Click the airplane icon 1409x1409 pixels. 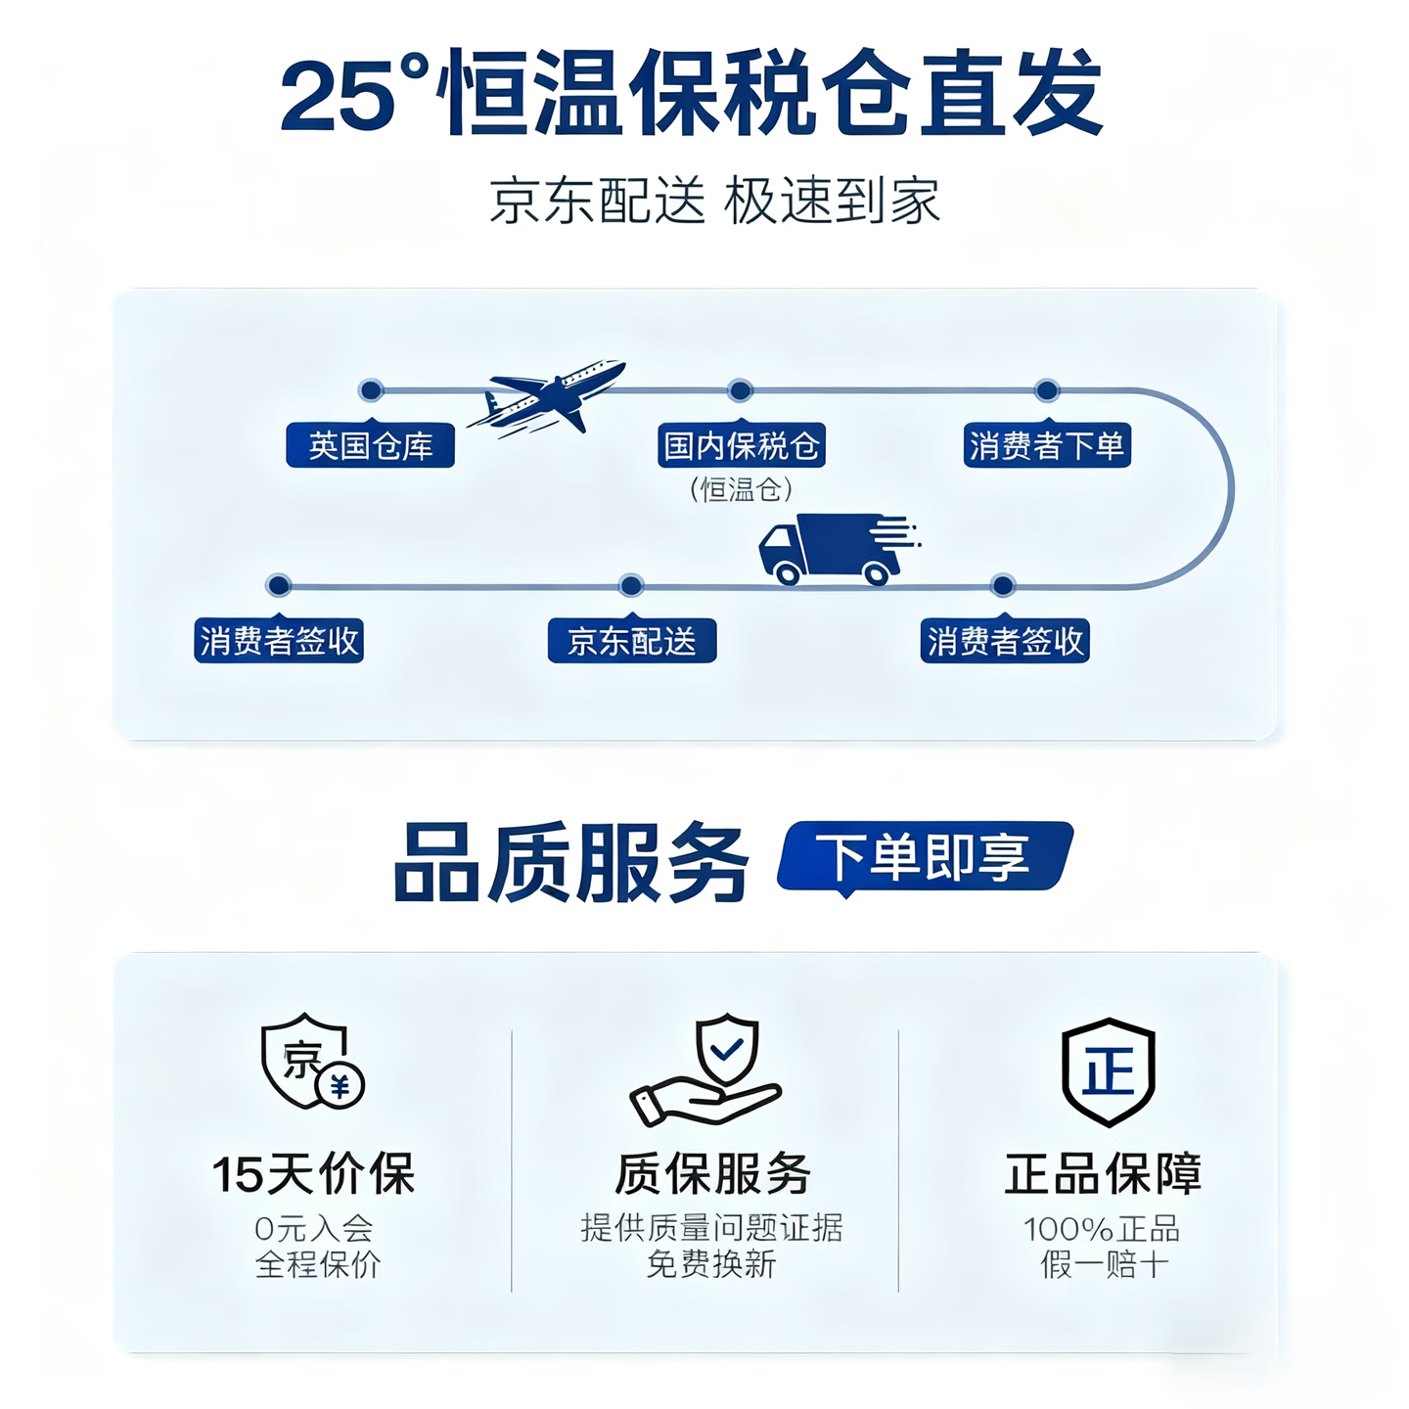548,396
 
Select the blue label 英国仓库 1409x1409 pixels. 370,446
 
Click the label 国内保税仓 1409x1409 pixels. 741,446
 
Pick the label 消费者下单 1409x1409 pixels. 1046,446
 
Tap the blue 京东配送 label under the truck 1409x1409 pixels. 631,641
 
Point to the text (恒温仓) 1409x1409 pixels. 741,489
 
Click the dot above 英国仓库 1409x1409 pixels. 371,390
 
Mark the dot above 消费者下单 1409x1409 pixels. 1047,390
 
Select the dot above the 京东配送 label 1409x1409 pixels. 631,586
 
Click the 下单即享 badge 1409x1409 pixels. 925,857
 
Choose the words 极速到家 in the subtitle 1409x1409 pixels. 832,202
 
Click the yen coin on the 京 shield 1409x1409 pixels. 341,1085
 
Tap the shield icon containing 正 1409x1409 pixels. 1108,1071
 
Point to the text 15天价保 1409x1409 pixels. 314,1174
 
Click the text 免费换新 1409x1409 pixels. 711,1264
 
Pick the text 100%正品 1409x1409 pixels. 1102,1229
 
